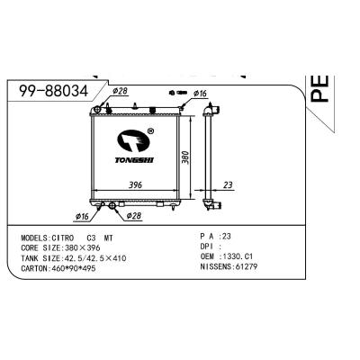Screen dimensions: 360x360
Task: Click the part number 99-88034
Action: (x=53, y=92)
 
